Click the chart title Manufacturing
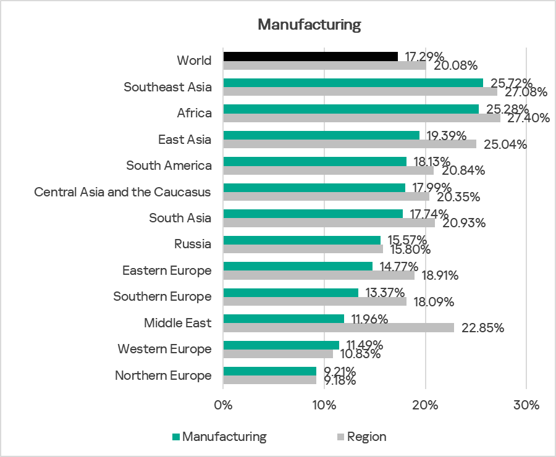(x=309, y=25)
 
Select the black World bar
(x=310, y=56)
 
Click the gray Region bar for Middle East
(x=339, y=327)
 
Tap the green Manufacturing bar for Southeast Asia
(x=353, y=83)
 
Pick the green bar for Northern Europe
(x=269, y=371)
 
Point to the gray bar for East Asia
(x=350, y=144)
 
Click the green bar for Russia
(x=301, y=240)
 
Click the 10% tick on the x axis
(x=324, y=406)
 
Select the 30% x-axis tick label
(x=526, y=406)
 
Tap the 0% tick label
(x=223, y=406)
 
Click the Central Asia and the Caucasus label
(x=122, y=192)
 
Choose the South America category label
(x=169, y=166)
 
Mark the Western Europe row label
(x=164, y=349)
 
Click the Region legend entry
(x=366, y=437)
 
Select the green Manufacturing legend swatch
(x=175, y=437)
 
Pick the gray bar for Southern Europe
(x=314, y=301)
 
